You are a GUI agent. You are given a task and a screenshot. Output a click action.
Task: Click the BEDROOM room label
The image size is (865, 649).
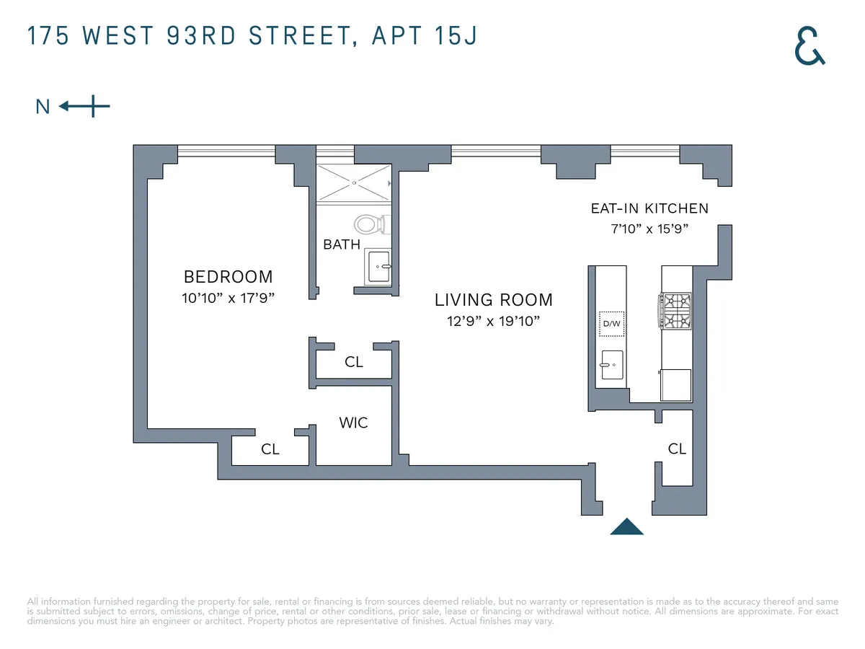click(x=228, y=277)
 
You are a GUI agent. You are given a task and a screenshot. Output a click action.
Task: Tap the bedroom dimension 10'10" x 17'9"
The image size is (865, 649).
click(x=228, y=298)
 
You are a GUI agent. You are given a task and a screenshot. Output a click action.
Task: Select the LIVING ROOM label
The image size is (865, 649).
click(x=493, y=300)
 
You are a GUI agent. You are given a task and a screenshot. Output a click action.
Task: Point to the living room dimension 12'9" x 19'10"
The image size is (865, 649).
click(x=493, y=321)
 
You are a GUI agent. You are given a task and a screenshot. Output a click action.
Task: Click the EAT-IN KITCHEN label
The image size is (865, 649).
click(x=649, y=209)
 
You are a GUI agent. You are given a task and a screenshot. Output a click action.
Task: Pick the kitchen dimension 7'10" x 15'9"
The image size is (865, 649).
click(x=649, y=229)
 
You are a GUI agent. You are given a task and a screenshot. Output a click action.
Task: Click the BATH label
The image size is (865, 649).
click(x=341, y=244)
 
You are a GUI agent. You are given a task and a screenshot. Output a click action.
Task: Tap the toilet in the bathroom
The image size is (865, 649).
click(x=371, y=224)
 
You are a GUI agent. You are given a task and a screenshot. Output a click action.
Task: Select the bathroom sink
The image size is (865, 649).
click(x=378, y=266)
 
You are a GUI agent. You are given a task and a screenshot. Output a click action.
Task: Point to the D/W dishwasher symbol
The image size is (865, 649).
click(x=611, y=324)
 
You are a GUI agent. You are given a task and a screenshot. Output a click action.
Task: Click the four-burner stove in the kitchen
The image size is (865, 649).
click(x=676, y=310)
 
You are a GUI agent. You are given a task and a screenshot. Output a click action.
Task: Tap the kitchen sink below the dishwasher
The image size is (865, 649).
click(x=611, y=365)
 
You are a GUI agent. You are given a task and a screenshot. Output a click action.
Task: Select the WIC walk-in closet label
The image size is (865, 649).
click(x=353, y=423)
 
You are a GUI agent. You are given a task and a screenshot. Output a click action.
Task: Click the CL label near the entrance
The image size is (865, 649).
click(x=677, y=449)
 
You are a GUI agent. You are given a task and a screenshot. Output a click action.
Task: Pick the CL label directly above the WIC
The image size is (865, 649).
click(x=353, y=362)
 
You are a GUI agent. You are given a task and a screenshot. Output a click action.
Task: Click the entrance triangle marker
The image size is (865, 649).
click(x=626, y=528)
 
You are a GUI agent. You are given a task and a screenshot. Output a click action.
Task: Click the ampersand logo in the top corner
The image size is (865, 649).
click(x=809, y=45)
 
